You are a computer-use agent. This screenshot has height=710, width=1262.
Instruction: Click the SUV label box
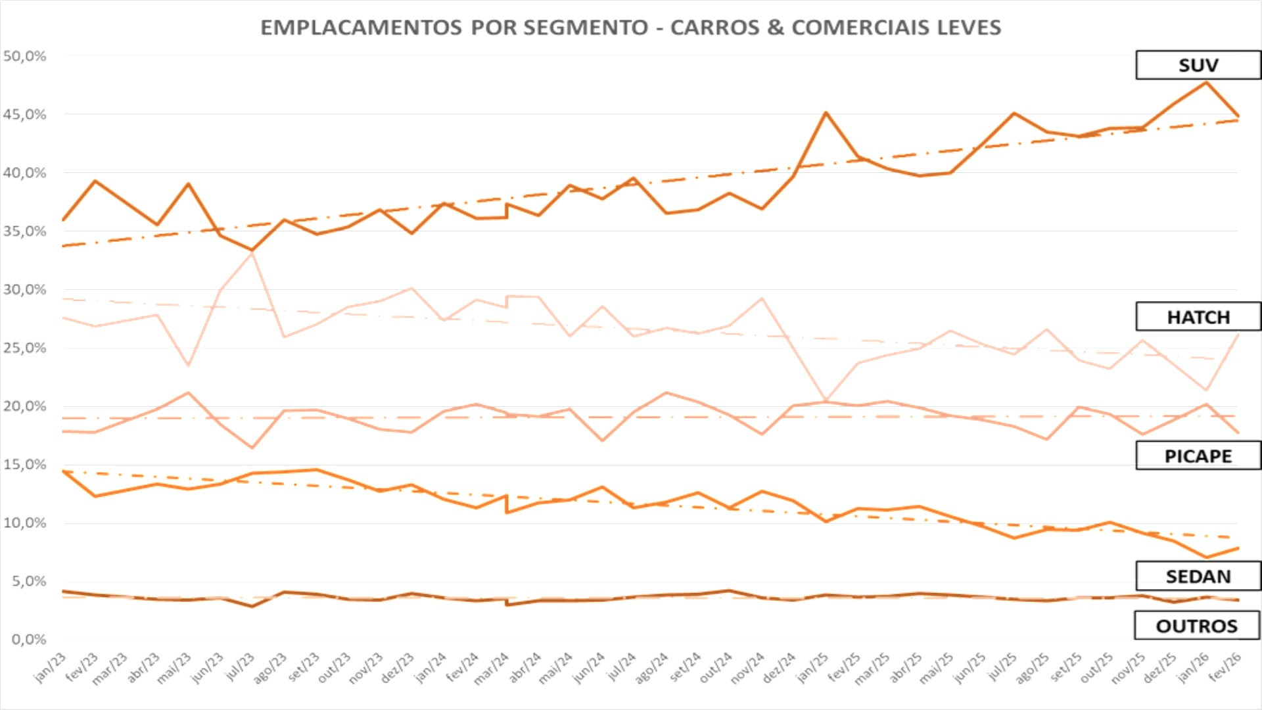tap(1198, 65)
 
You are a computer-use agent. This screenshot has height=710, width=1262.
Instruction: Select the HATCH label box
tap(1198, 317)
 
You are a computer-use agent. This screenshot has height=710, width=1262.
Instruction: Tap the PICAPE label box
tap(1198, 456)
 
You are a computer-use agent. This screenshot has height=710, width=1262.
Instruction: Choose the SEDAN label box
tap(1198, 577)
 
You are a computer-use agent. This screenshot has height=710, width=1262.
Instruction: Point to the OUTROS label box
tap(1196, 626)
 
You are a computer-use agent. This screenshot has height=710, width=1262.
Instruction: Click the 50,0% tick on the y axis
tap(25, 57)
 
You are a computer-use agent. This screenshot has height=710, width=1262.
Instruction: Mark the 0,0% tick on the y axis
tap(28, 640)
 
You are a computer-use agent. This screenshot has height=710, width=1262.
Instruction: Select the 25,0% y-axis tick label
tap(25, 348)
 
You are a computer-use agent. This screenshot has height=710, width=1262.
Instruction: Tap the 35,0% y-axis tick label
tap(25, 231)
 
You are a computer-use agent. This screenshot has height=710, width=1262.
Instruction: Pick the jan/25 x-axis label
tap(813, 667)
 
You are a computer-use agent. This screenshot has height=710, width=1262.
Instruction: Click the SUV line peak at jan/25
tap(826, 113)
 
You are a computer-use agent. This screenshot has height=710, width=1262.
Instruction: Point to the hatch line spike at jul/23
tap(252, 253)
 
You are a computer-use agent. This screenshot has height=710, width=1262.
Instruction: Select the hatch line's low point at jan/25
tap(826, 400)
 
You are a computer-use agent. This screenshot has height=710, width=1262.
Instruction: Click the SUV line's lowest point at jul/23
tap(252, 250)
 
